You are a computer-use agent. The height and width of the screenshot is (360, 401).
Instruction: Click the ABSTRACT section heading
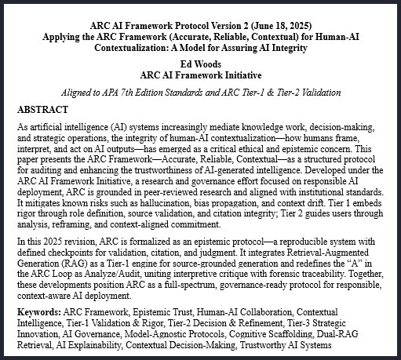pos(44,109)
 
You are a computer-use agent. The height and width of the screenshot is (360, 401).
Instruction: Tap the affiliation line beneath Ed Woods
pos(200,75)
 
